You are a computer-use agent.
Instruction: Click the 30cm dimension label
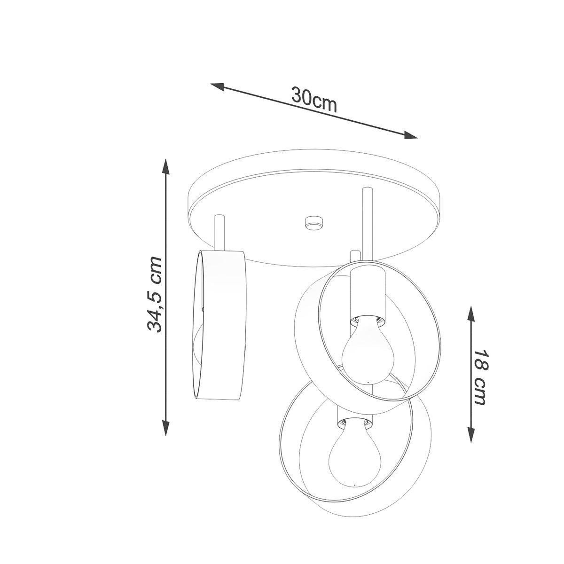click(x=314, y=99)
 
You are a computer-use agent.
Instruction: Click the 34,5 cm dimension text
click(x=155, y=295)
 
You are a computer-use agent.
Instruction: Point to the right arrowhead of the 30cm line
click(x=410, y=135)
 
